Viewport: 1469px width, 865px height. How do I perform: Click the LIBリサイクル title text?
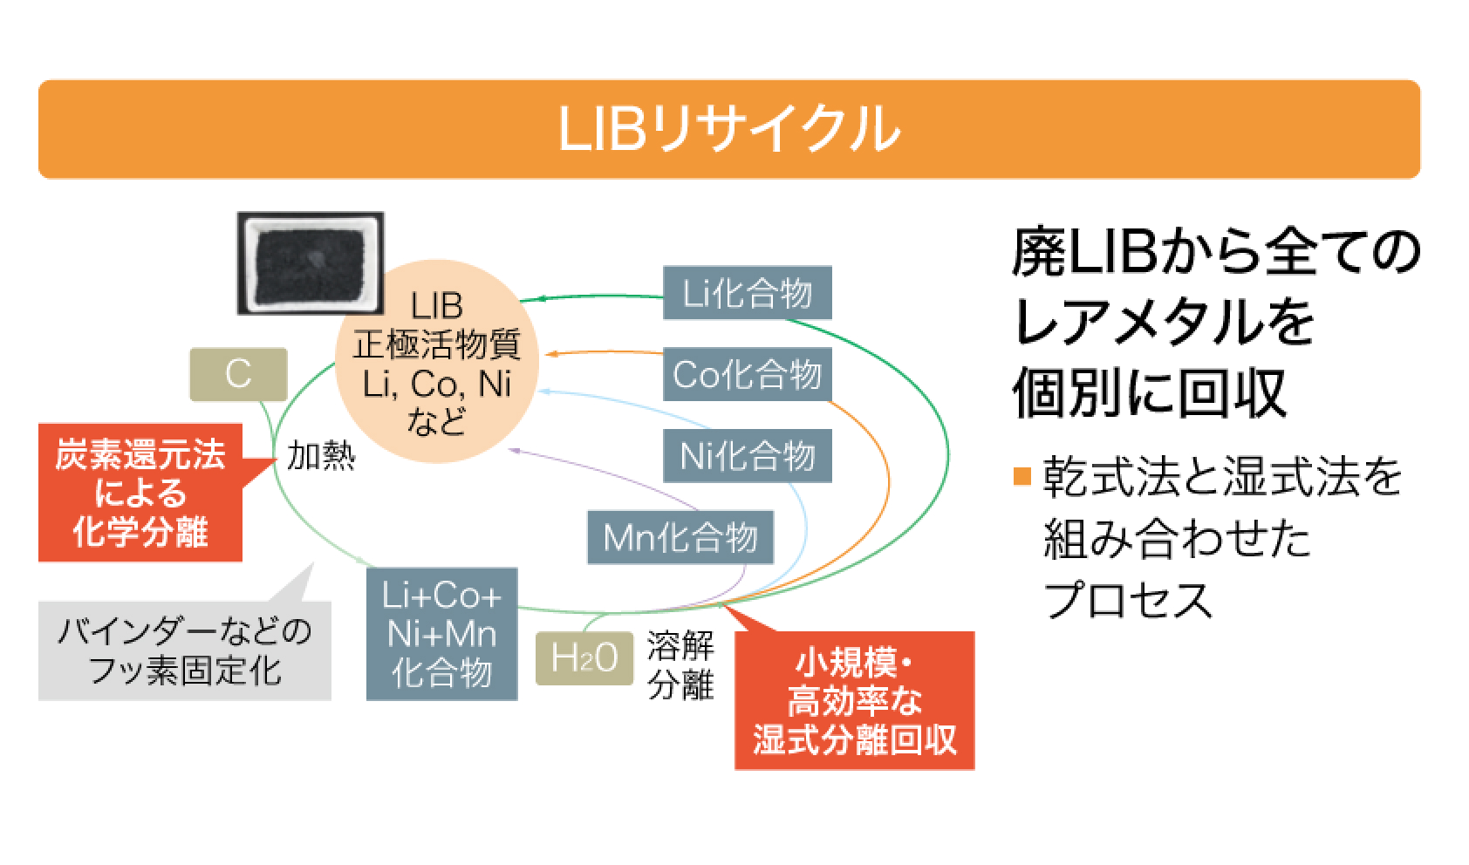pyautogui.click(x=729, y=130)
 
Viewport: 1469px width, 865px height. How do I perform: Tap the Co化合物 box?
pyautogui.click(x=748, y=375)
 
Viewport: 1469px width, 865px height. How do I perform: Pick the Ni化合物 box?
pyautogui.click(x=748, y=456)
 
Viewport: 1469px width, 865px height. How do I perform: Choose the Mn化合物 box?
pyautogui.click(x=680, y=537)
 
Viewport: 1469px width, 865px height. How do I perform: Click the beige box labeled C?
pyautogui.click(x=238, y=375)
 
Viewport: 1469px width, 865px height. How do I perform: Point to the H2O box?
pyautogui.click(x=584, y=658)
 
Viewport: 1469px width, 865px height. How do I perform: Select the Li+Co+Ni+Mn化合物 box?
pyautogui.click(x=442, y=634)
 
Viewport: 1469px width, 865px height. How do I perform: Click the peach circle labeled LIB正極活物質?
pyautogui.click(x=435, y=364)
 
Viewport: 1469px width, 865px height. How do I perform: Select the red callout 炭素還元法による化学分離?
pyautogui.click(x=140, y=493)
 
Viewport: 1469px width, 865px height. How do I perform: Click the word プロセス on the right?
pyautogui.click(x=1129, y=600)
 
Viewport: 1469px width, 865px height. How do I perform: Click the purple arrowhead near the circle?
pyautogui.click(x=514, y=450)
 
